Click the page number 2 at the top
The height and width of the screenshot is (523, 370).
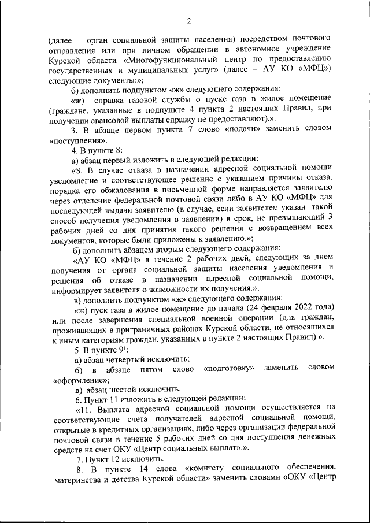[188, 22]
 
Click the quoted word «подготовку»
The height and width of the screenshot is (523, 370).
[230, 370]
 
